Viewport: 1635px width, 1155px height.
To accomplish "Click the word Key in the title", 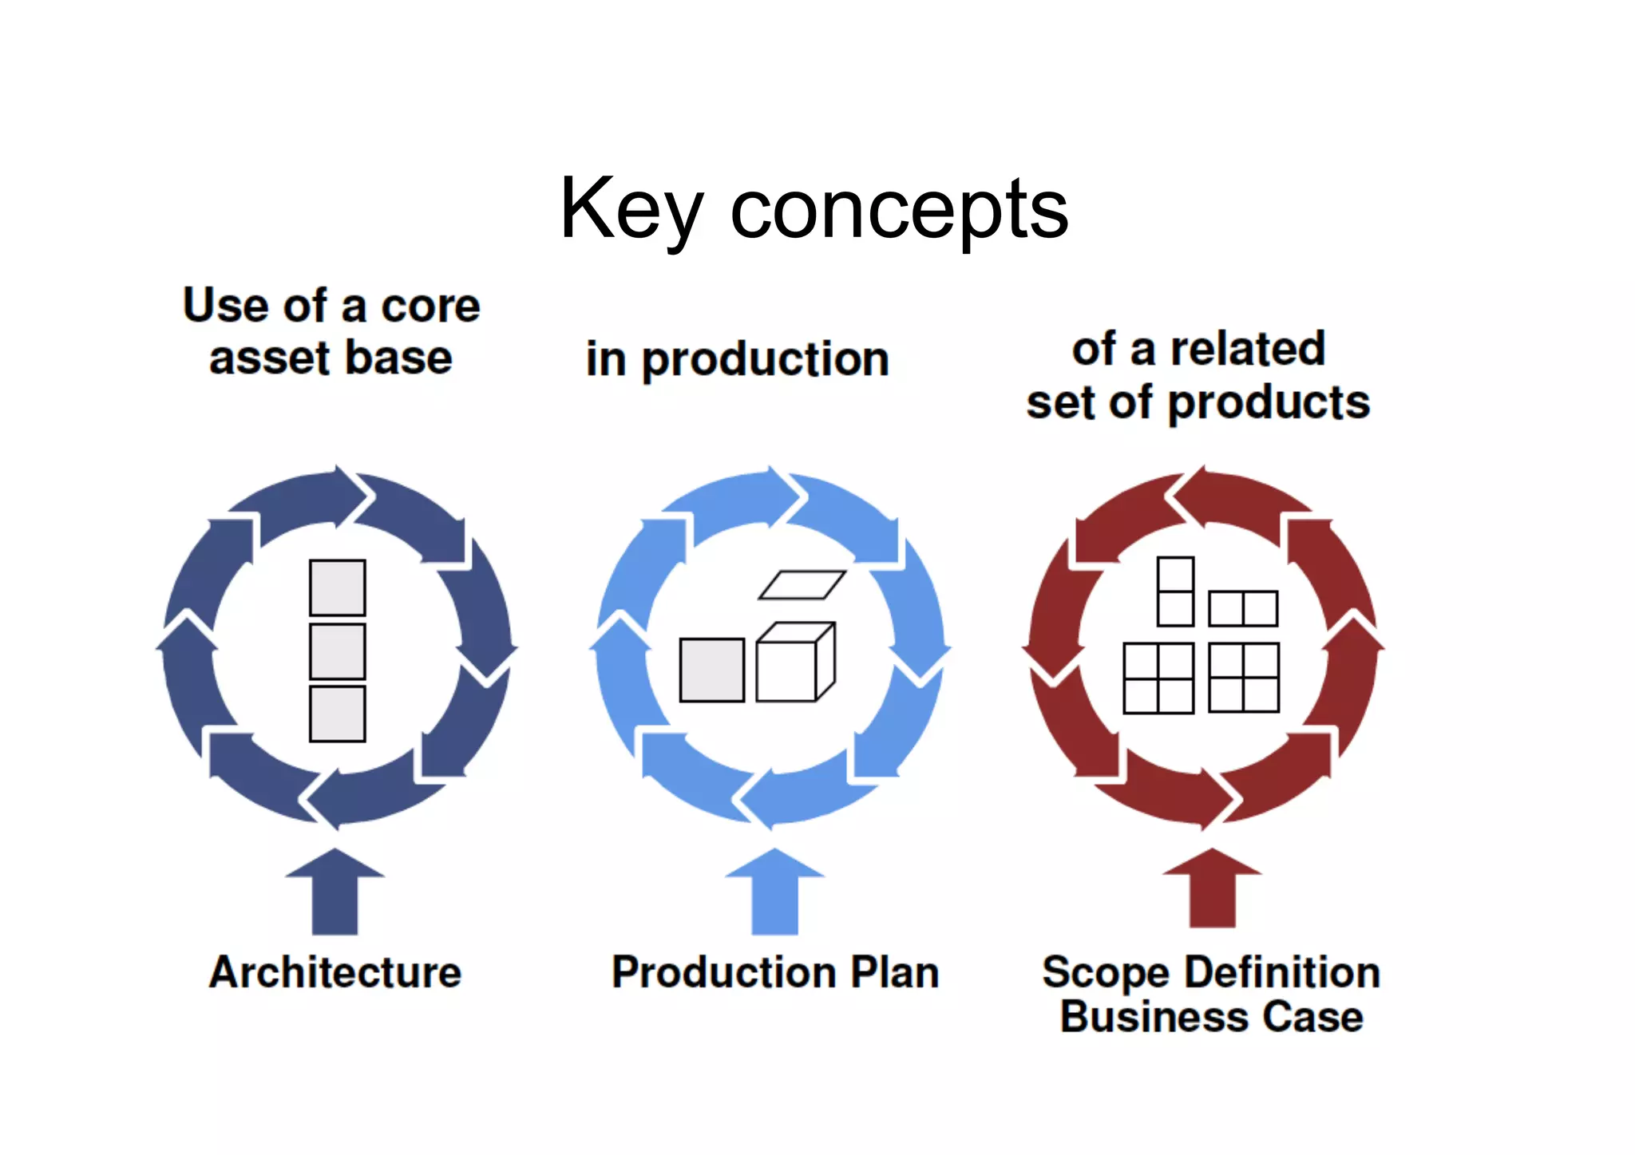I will (x=631, y=209).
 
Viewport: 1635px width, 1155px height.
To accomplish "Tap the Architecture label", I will (x=335, y=972).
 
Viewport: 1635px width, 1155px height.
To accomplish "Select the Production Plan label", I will (x=775, y=972).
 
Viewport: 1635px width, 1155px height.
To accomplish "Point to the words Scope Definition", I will (x=1211, y=972).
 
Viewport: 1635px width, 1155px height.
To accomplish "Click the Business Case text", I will (x=1211, y=1017).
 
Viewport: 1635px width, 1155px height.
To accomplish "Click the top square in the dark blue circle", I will (x=338, y=587).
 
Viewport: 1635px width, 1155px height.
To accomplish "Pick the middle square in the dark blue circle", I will (x=338, y=651).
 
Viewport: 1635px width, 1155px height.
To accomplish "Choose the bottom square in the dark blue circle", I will (x=338, y=714).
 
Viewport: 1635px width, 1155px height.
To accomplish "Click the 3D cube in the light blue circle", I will (x=794, y=663).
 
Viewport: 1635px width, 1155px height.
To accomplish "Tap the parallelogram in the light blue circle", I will (x=802, y=585).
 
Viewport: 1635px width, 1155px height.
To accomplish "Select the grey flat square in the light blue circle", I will (x=711, y=670).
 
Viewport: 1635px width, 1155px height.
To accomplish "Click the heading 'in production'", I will (x=737, y=359).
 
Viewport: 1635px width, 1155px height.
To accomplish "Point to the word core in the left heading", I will (x=430, y=307).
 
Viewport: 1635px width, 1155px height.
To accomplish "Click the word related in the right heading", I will (x=1247, y=350).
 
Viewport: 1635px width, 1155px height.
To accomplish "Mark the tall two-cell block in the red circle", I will (x=1175, y=591).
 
